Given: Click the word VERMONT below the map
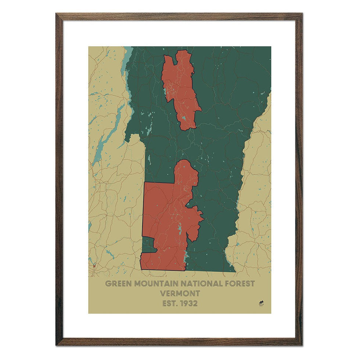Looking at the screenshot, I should [x=180, y=294].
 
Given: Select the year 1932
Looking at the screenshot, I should [x=189, y=303].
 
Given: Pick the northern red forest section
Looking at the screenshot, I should [x=179, y=88].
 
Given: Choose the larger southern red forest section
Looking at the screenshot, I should [x=165, y=220].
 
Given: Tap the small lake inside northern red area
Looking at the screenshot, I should [x=183, y=118].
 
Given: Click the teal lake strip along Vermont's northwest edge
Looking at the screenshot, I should [x=128, y=59].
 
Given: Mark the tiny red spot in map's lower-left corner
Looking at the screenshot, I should [x=94, y=265].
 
